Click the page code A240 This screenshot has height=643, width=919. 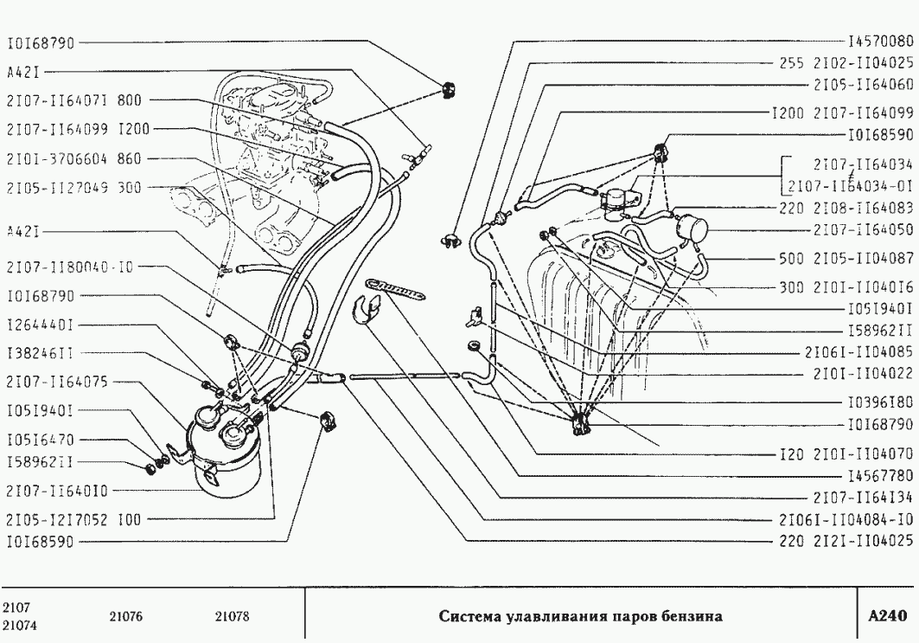(x=887, y=616)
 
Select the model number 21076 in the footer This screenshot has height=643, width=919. (x=125, y=617)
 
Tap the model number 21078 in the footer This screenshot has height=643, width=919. (x=231, y=617)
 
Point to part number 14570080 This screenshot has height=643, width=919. (x=880, y=41)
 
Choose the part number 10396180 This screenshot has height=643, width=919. (x=880, y=402)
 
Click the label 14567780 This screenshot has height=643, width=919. (x=880, y=475)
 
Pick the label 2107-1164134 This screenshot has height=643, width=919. (x=863, y=498)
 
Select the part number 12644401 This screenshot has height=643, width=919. (x=40, y=326)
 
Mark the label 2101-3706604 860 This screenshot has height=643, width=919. (x=72, y=158)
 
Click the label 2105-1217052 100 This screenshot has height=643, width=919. (x=72, y=519)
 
